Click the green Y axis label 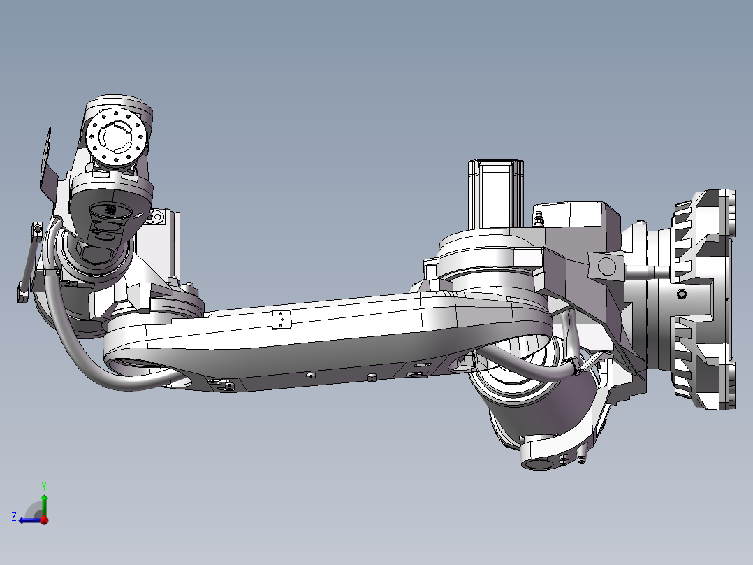click(x=43, y=485)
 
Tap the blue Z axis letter click(x=14, y=516)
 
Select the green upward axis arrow click(x=44, y=501)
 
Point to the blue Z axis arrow click(x=28, y=520)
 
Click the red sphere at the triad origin click(x=44, y=520)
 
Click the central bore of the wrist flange click(x=117, y=136)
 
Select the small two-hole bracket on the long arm click(x=280, y=319)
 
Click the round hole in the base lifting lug click(x=606, y=265)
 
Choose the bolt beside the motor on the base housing click(x=537, y=220)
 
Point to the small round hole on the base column click(x=681, y=295)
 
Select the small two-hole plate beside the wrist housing click(x=156, y=218)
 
